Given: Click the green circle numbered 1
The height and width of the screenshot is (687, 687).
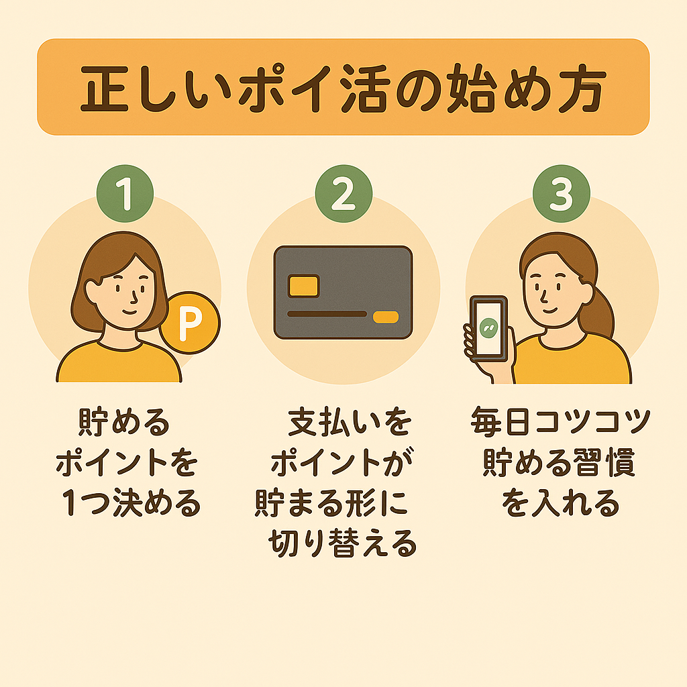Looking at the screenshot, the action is coord(125,194).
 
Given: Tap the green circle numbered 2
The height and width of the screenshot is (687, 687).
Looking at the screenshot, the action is coord(343,194).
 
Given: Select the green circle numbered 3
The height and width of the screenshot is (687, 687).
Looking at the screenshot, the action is coord(562,194).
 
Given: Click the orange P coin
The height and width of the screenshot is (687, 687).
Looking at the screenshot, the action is coord(190,323).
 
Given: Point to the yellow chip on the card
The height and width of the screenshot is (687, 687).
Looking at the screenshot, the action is coord(303,286).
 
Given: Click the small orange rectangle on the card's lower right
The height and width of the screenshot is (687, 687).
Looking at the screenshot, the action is coord(386,317).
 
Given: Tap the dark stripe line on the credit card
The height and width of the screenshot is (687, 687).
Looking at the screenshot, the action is coord(327,314).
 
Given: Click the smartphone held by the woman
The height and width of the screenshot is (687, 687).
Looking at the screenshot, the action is coord(489,329).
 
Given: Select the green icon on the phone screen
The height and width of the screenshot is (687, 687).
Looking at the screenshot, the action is coord(488,328).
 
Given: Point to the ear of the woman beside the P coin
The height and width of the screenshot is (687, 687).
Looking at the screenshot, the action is coord(91,291).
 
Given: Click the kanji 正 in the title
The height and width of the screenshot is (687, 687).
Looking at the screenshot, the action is coord(104,89).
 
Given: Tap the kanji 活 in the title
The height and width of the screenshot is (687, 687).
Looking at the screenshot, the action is coord(366,89).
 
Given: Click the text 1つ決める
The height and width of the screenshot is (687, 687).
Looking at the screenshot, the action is coord(131,503).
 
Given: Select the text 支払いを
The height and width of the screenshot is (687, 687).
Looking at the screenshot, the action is coord(350,423).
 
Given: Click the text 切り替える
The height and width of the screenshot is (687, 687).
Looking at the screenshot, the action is coord(342,543).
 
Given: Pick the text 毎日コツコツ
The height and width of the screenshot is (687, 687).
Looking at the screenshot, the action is coord(560,422).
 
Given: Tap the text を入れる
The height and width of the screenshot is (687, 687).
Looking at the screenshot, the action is coord(560,503).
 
